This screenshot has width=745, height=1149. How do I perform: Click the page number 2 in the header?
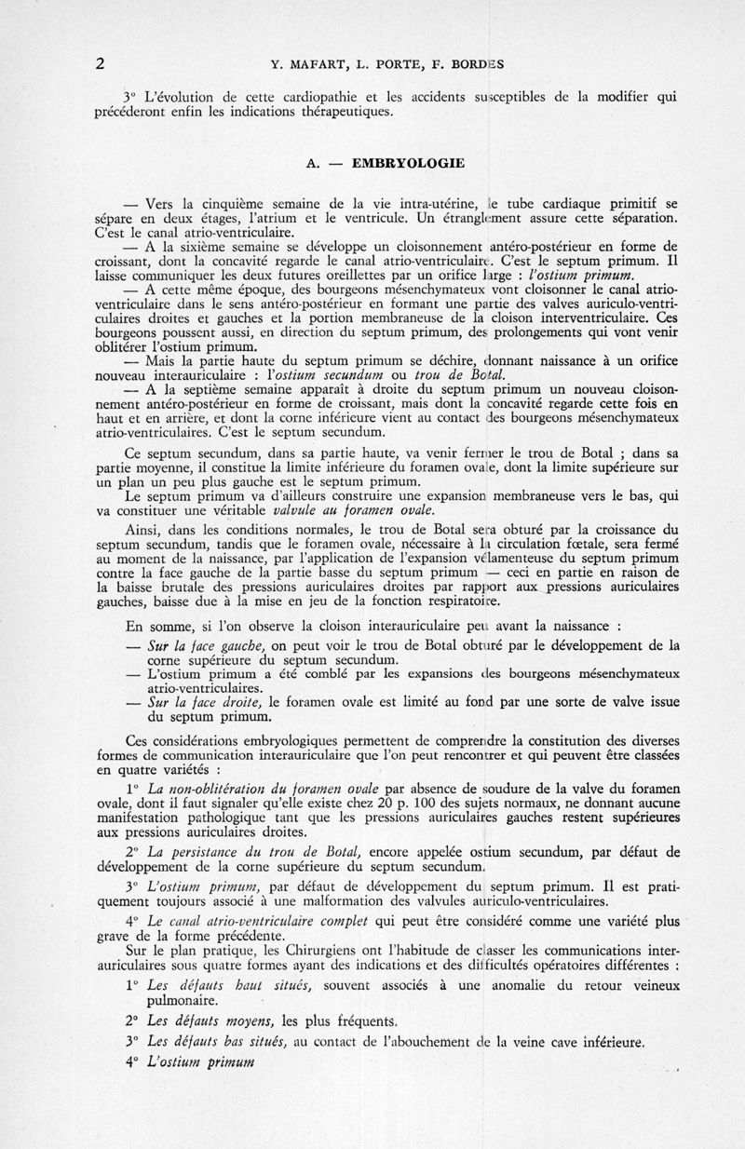coord(100,64)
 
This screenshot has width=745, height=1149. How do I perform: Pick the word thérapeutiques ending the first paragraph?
coord(350,113)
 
